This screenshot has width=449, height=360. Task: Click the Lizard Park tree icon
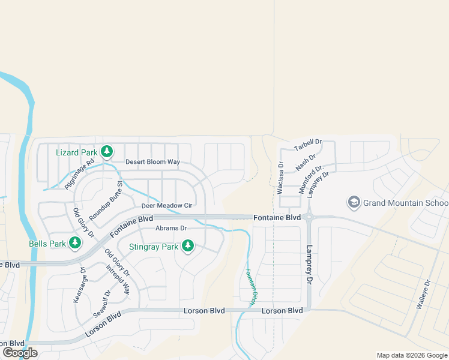tap(107, 152)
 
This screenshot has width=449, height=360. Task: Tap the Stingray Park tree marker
tap(188, 245)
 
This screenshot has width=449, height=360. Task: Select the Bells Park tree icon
tap(75, 243)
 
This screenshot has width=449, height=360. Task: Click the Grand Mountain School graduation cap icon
tap(354, 202)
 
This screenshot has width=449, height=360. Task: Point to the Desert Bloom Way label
tap(152, 162)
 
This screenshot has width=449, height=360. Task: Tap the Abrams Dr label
tap(171, 229)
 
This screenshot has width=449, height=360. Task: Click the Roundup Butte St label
tap(106, 200)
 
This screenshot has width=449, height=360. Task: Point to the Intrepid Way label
tap(118, 279)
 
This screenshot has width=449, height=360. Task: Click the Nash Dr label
tap(302, 161)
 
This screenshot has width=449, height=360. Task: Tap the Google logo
tap(19, 353)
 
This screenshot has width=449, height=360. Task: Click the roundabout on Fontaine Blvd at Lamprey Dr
tap(308, 217)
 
